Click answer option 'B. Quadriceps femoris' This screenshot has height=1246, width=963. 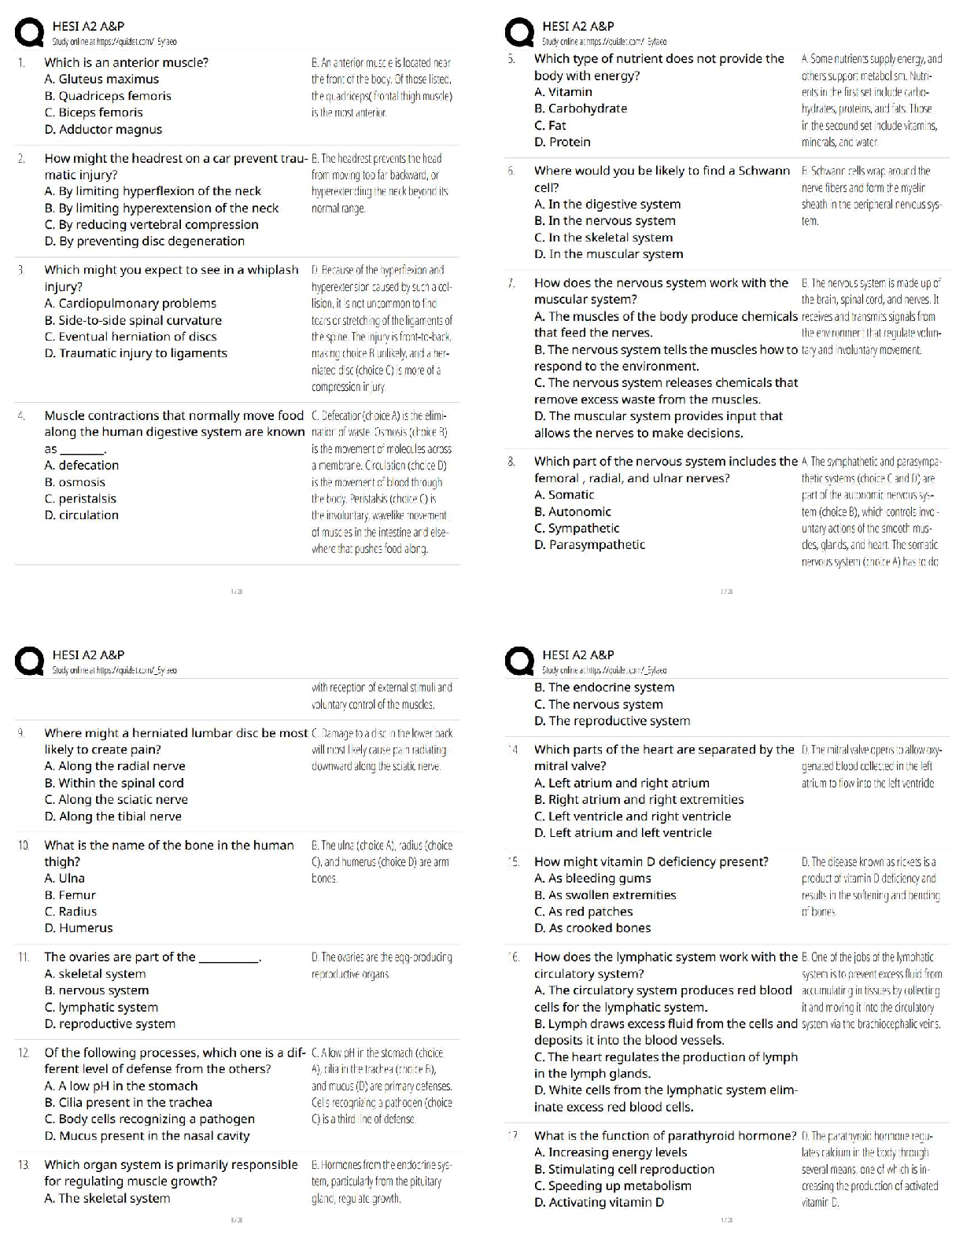108,96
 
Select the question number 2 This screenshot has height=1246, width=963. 22,158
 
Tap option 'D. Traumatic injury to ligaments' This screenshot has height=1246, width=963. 136,353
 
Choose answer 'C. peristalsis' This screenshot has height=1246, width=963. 80,499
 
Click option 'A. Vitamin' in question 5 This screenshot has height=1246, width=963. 563,92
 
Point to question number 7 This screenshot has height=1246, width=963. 511,282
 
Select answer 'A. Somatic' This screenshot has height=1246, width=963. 564,495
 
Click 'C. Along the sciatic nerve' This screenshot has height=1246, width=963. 116,799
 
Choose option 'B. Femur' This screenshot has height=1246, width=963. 70,895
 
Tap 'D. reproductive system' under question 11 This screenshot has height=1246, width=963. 110,1024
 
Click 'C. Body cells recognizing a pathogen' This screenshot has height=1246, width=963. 149,1119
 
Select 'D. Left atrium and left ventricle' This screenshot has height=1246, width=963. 622,833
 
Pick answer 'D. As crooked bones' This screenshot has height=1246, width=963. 592,928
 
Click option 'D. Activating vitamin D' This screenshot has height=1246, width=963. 599,1203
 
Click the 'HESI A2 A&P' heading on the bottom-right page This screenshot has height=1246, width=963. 578,654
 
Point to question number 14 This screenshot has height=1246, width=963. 514,750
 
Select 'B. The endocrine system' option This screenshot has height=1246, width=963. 604,688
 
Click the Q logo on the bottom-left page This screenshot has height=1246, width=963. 31,662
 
